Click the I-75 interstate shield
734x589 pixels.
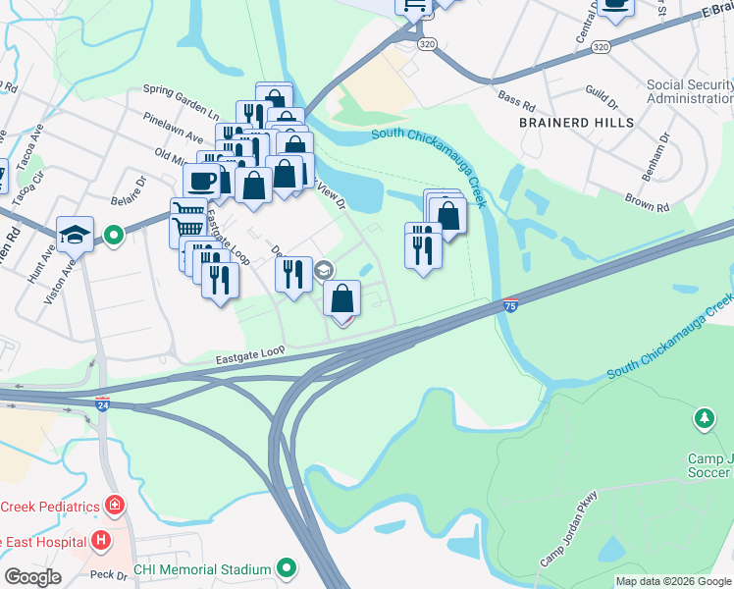coord(510,305)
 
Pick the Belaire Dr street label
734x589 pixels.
coord(128,187)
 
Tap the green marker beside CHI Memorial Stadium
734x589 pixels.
coord(287,568)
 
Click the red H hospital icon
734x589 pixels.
coord(99,540)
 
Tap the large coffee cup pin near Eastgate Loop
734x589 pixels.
coord(202,181)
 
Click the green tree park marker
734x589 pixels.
coord(704,420)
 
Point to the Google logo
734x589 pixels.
coord(32,577)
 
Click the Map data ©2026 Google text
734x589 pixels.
coord(673,581)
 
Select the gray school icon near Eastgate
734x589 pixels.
coord(324,270)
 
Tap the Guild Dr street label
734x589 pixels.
coord(600,101)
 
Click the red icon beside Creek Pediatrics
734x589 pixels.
coord(116,506)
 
